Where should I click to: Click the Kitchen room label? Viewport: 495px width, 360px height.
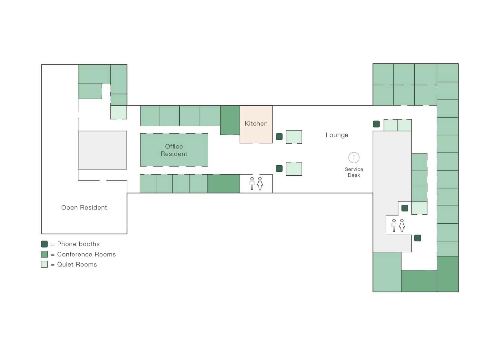coord(256,124)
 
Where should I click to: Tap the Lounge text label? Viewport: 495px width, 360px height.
coord(337,135)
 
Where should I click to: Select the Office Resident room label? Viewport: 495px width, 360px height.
coord(174,150)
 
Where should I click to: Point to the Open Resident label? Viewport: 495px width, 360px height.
coord(84,208)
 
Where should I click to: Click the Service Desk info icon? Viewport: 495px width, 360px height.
coord(354,158)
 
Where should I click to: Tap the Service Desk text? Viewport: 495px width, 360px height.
coord(354,172)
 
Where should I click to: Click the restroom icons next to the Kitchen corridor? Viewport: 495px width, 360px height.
coord(256,183)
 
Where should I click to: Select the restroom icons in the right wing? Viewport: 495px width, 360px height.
coord(398,225)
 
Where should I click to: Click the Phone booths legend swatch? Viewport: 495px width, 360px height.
coord(45,244)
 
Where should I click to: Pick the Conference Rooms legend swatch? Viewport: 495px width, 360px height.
coord(45,254)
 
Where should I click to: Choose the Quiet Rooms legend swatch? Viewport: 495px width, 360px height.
coord(45,264)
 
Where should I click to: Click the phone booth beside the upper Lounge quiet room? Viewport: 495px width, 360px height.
coord(279,137)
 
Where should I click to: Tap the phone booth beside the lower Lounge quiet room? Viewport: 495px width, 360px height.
coord(279,169)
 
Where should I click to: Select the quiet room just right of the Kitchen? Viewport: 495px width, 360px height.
coord(294,137)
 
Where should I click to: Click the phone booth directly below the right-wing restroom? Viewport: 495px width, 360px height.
coord(418,238)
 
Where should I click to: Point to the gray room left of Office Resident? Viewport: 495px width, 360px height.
coord(102,150)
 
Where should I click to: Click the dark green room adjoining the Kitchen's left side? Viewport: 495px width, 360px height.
coord(230,120)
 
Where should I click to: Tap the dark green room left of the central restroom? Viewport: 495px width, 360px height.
coord(223,184)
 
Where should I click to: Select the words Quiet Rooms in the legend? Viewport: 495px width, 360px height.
coord(77,264)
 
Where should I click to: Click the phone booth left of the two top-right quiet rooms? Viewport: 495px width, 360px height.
coord(376,124)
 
